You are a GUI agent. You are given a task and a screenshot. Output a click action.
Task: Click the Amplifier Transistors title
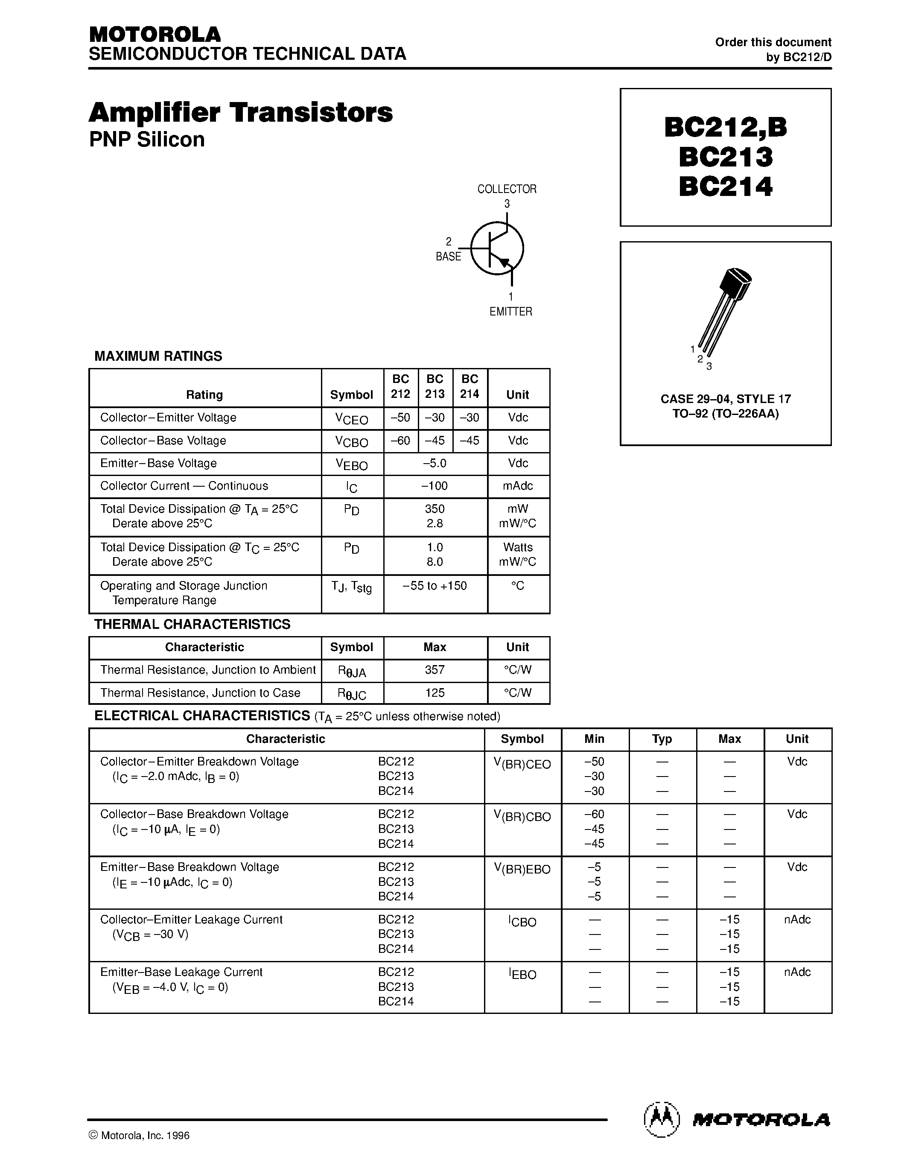[x=241, y=113]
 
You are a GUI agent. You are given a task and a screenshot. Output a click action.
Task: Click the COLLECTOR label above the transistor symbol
[x=507, y=189]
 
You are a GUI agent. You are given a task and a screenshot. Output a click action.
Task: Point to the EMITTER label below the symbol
[x=510, y=312]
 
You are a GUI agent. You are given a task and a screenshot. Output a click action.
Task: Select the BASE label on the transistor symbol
[x=448, y=257]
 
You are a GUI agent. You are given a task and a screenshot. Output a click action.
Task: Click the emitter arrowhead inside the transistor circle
[x=504, y=262]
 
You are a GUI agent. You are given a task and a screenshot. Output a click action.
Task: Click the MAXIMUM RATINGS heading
[x=158, y=356]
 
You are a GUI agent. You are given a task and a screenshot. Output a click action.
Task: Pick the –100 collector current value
[x=435, y=486]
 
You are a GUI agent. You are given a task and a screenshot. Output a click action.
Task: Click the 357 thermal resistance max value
[x=435, y=670]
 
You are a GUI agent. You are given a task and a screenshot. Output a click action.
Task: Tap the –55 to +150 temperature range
[x=435, y=585]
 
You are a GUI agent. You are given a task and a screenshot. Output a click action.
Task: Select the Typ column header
[x=662, y=739]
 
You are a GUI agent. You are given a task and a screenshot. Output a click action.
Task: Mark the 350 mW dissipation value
[x=435, y=508]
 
